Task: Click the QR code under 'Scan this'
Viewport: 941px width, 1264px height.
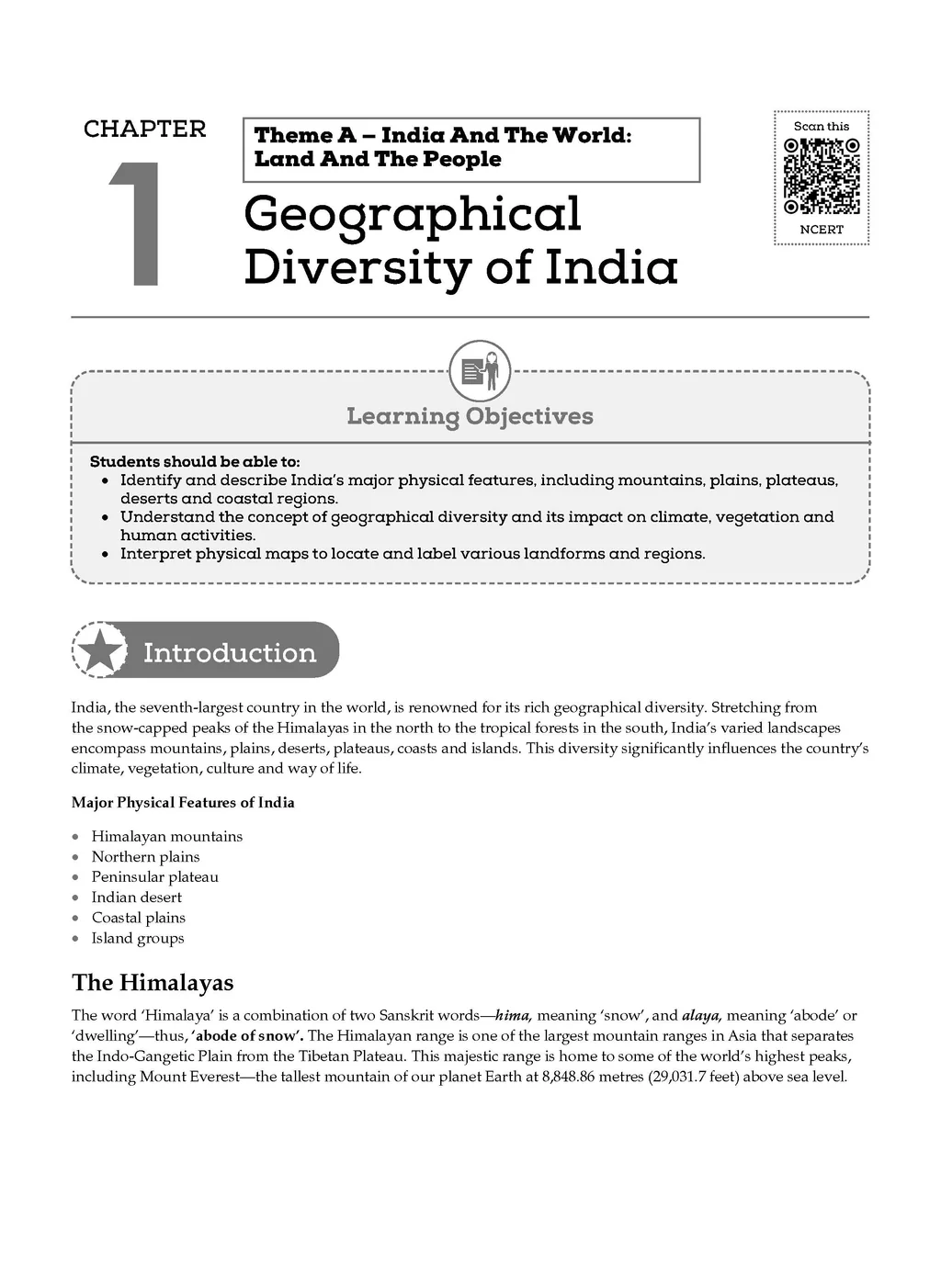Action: pyautogui.click(x=822, y=175)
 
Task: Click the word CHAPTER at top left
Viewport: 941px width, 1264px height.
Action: pyautogui.click(x=145, y=130)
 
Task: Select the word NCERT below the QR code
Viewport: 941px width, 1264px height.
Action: pyautogui.click(x=822, y=230)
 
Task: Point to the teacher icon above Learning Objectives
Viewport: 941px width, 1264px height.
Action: pyautogui.click(x=480, y=370)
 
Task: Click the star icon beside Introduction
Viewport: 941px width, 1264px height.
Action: pyautogui.click(x=100, y=650)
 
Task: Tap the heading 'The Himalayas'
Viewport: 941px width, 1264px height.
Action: pyautogui.click(x=153, y=983)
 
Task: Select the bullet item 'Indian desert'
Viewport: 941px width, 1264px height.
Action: pyautogui.click(x=137, y=897)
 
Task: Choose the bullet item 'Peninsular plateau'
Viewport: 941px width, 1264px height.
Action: pyautogui.click(x=155, y=877)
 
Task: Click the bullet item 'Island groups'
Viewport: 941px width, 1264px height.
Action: pyautogui.click(x=138, y=938)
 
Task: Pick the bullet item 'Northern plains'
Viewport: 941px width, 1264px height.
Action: pyautogui.click(x=145, y=857)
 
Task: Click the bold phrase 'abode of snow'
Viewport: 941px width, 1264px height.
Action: pyautogui.click(x=249, y=1036)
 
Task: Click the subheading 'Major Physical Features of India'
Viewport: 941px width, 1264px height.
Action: pyautogui.click(x=183, y=803)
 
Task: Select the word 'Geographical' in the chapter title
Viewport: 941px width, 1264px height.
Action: pyautogui.click(x=413, y=216)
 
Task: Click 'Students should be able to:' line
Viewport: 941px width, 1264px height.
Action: pyautogui.click(x=195, y=462)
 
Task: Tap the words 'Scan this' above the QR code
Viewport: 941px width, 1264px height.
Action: pyautogui.click(x=822, y=127)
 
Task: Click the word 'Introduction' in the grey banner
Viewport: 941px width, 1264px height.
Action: pyautogui.click(x=230, y=653)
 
